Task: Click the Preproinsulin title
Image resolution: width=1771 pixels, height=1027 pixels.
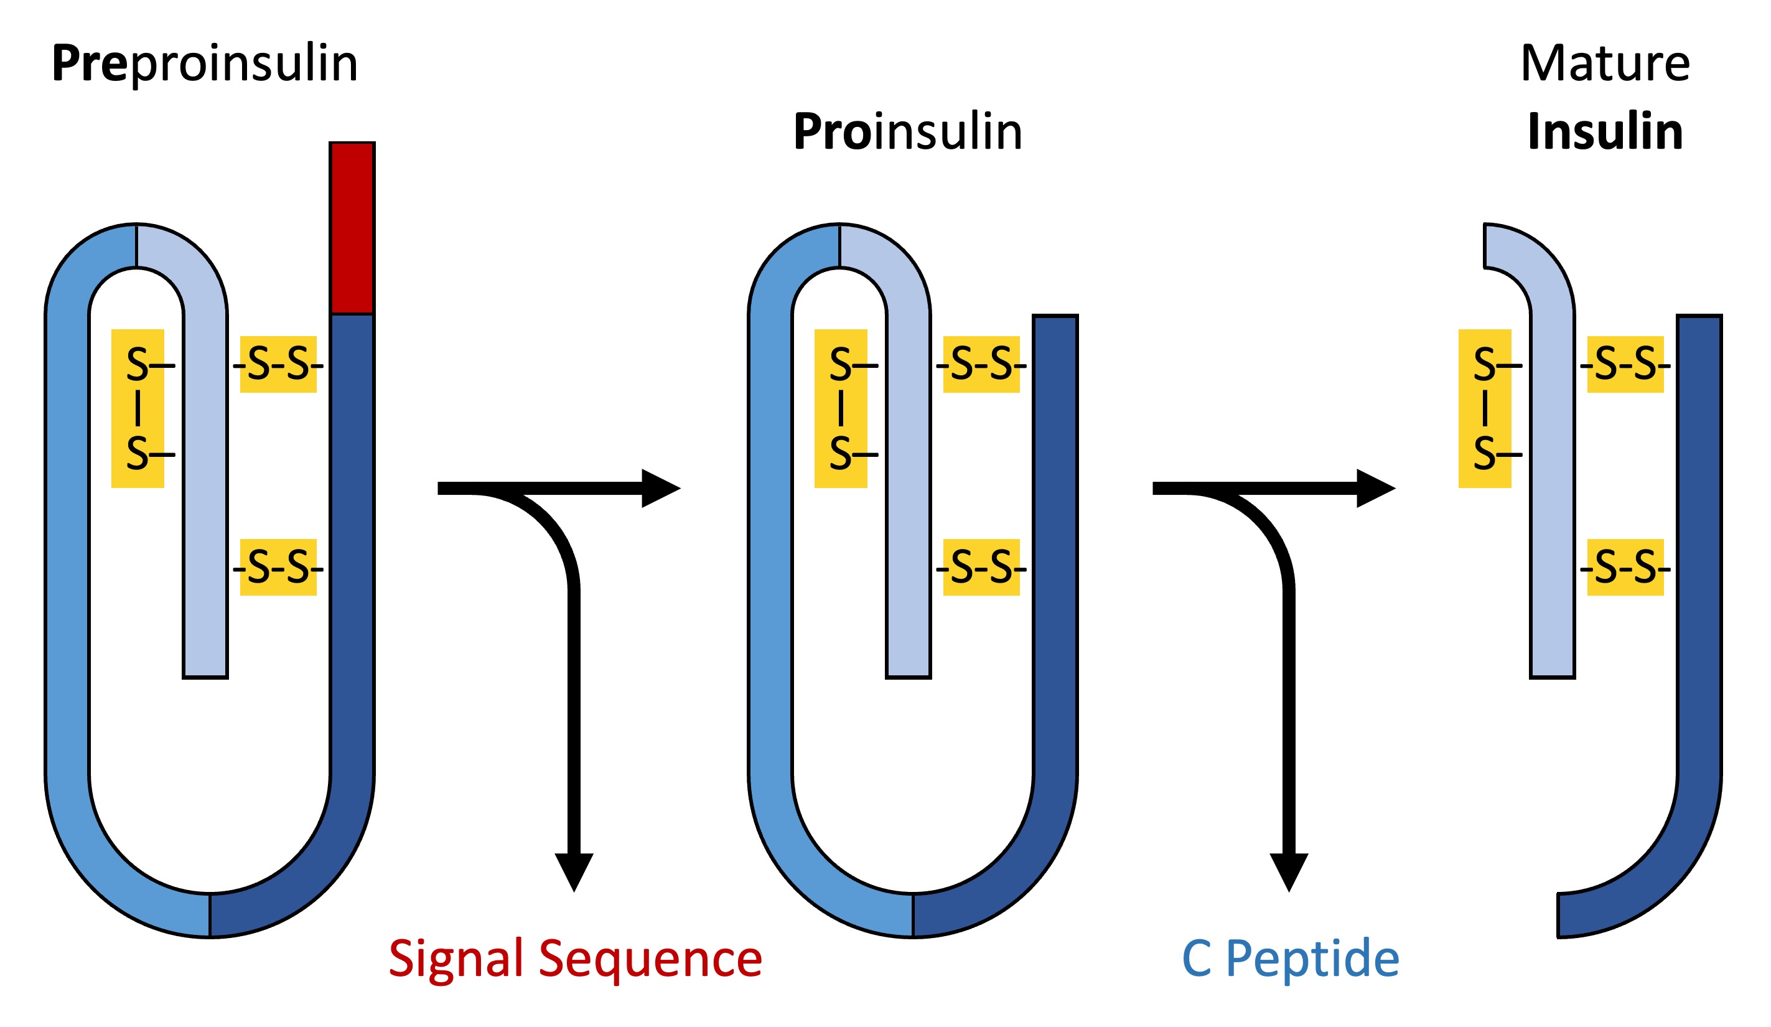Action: (205, 64)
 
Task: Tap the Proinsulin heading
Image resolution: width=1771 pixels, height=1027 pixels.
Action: (907, 132)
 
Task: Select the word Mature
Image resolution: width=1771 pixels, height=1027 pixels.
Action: (1604, 64)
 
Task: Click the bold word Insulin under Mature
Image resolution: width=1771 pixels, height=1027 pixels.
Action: (1605, 132)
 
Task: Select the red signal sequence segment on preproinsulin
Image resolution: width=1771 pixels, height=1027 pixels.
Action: (352, 228)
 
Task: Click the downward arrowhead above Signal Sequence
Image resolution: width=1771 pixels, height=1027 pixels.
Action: (574, 871)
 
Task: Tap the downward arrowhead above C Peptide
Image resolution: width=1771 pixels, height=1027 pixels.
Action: (1289, 871)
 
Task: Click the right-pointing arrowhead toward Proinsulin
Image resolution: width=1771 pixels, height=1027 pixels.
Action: (659, 489)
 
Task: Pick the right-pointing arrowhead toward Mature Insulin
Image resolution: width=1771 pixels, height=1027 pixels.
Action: (1374, 489)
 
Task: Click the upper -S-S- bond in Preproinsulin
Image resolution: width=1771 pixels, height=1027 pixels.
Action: (278, 365)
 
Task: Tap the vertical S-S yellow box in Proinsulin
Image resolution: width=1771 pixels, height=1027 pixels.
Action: (841, 409)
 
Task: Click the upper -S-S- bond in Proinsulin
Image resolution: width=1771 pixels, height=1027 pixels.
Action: (981, 365)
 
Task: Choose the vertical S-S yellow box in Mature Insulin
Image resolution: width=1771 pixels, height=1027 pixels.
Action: (1485, 409)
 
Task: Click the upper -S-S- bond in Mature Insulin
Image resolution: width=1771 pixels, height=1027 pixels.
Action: (1625, 365)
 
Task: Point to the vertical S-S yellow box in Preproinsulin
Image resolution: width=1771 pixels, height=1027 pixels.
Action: (138, 409)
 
